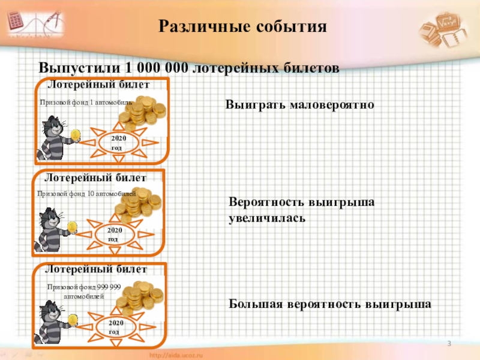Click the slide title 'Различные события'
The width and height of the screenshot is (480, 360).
point(243,26)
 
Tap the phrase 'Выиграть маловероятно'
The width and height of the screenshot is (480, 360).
point(299,105)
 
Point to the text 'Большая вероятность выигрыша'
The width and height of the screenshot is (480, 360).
point(330,304)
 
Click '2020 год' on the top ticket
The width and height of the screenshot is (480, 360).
point(119,143)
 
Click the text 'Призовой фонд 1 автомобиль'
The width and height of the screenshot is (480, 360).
point(85,103)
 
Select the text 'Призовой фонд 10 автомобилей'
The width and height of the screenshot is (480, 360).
point(86,194)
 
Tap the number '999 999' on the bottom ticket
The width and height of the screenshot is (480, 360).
point(109,287)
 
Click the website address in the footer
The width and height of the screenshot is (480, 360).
point(182,355)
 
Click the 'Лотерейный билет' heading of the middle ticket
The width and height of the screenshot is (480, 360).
point(95,178)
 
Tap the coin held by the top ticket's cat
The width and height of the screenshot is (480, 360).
point(75,134)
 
